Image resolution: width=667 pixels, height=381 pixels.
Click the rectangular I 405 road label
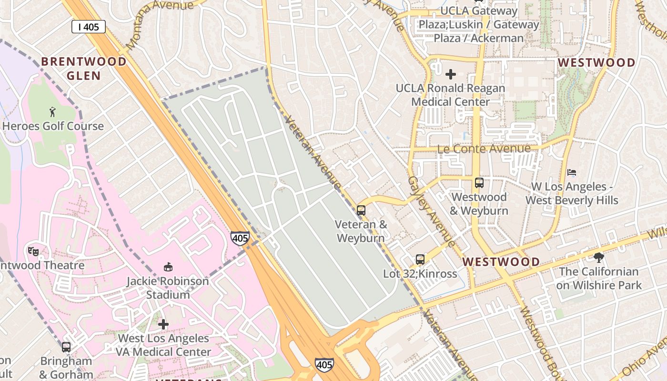(89, 27)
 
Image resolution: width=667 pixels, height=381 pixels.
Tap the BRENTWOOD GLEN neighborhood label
(84, 69)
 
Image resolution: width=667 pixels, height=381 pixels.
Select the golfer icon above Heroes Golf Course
(52, 112)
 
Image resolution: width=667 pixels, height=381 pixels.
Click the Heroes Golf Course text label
(53, 126)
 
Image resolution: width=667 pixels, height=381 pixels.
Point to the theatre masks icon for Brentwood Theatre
(33, 251)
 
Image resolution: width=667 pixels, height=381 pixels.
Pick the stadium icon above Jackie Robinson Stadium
(168, 267)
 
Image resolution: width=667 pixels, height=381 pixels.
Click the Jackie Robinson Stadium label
(168, 288)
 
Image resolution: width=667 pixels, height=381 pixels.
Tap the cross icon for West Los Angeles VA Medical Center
(163, 324)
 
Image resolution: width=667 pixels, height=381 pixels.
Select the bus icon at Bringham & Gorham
(66, 347)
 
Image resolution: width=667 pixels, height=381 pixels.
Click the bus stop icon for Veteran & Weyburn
(361, 210)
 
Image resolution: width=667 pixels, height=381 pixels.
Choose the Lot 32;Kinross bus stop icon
(420, 260)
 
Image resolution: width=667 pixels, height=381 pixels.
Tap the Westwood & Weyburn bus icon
(479, 183)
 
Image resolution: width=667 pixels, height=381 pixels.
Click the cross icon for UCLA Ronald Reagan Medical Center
(450, 74)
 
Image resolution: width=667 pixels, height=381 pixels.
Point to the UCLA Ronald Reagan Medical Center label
(450, 95)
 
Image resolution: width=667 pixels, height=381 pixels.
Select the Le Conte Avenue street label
(484, 149)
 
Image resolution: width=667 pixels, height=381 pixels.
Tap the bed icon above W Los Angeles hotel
(572, 172)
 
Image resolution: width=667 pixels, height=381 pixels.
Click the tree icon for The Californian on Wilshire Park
(598, 258)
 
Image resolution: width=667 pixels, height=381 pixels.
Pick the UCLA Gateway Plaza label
(478, 24)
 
